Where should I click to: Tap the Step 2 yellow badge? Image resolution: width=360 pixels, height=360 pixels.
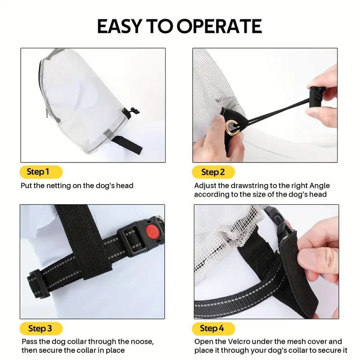click(213, 172)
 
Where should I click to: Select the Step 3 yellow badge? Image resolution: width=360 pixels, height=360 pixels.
click(40, 328)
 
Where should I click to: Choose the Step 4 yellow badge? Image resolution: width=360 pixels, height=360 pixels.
click(213, 328)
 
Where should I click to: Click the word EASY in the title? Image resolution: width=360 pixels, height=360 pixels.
click(118, 27)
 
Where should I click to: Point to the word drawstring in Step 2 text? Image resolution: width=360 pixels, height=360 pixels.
click(248, 185)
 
